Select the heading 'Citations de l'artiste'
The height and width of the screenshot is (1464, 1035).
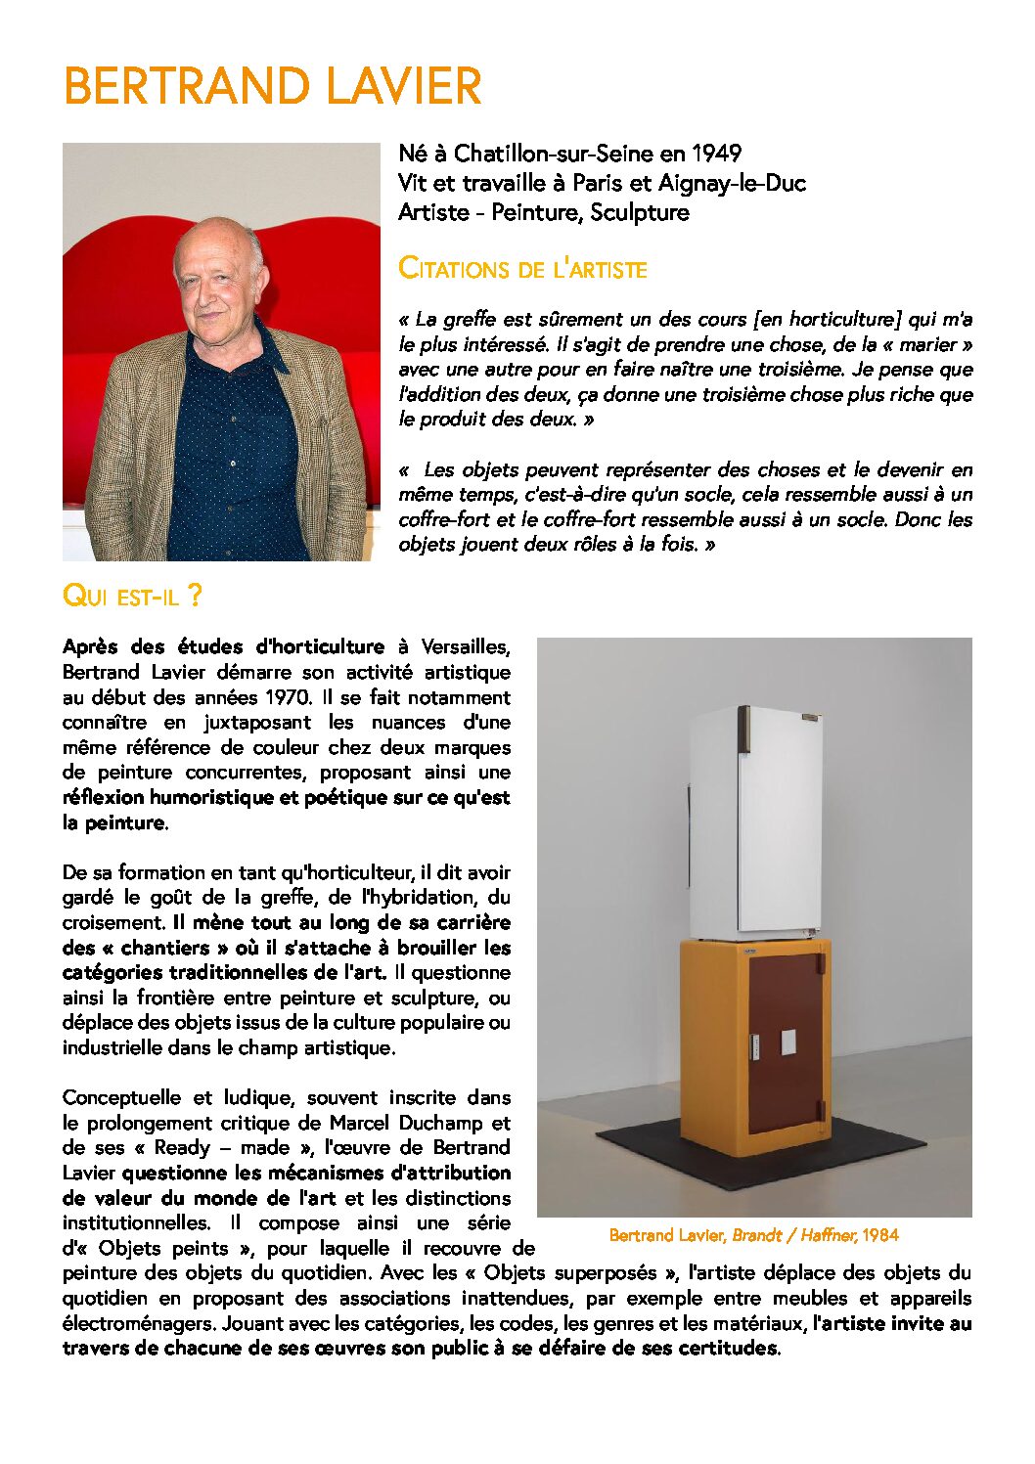(522, 268)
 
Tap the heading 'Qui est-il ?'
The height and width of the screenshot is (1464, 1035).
(132, 596)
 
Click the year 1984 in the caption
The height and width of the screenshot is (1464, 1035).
(880, 1235)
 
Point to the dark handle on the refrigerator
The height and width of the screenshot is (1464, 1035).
(743, 729)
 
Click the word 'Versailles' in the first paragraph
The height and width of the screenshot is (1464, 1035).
(465, 647)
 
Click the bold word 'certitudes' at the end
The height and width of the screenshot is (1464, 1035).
(730, 1349)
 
